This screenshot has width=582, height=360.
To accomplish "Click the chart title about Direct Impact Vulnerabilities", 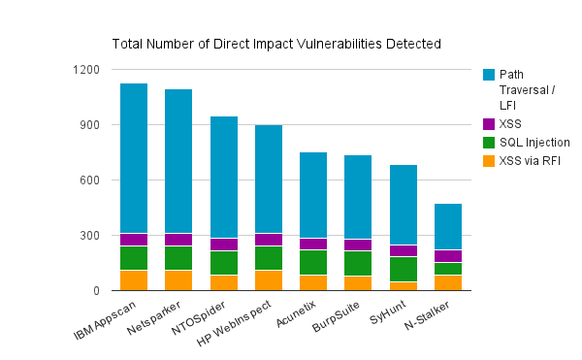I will (276, 44).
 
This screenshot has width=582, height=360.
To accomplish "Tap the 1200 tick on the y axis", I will (86, 70).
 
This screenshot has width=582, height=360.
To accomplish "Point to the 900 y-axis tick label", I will (89, 125).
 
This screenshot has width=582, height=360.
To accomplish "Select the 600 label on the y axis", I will (89, 180).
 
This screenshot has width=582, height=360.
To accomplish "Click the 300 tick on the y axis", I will (89, 236).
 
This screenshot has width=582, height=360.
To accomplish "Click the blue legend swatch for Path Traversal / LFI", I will (489, 75).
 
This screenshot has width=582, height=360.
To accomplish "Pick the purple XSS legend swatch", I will (489, 123).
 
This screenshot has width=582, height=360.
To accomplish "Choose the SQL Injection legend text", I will (534, 142).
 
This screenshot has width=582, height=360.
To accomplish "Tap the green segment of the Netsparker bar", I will (178, 257).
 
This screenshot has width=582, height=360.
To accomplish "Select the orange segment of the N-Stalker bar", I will (448, 282).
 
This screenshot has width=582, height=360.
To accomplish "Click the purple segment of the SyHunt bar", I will (404, 250).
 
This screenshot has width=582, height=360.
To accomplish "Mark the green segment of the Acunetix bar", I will (313, 262).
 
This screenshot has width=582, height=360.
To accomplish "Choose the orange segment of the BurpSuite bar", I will (358, 283).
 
